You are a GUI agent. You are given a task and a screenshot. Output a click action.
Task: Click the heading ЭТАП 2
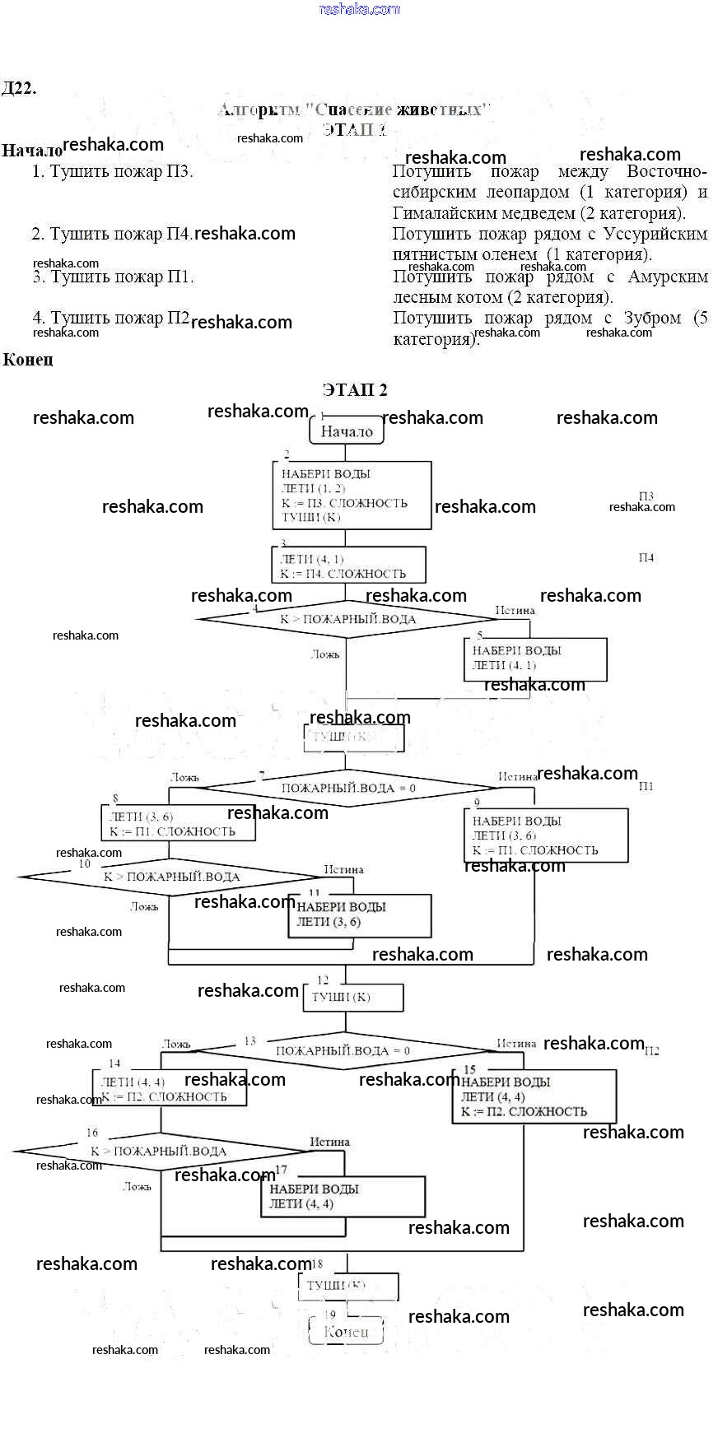coord(355,390)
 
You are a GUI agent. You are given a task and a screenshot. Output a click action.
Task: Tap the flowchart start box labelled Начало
coord(347,430)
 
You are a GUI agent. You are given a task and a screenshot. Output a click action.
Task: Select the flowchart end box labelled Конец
coord(346,1331)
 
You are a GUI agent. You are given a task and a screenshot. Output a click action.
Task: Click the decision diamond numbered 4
coord(347,619)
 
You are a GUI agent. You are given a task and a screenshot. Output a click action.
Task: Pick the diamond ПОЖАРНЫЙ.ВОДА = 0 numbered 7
coord(348,788)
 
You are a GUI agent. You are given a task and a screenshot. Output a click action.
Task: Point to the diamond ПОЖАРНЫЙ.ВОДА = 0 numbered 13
coord(343,1050)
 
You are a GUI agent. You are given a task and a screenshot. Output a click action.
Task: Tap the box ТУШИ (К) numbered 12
coord(352,997)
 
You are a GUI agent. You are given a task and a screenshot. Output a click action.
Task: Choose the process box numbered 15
coord(534,1096)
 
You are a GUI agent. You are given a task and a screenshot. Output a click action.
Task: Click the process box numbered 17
coord(343,1196)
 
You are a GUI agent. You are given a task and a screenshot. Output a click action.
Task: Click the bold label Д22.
coord(19,89)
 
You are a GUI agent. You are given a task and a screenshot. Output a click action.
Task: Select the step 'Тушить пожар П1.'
coord(113,277)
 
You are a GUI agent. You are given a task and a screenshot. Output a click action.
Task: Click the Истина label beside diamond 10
coord(343,869)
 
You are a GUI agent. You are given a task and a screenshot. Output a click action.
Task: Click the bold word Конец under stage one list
coord(28,360)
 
